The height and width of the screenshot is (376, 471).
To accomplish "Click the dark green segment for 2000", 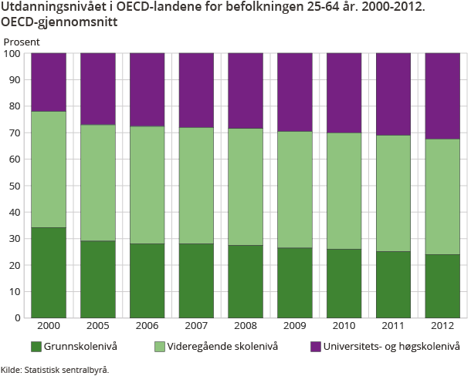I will tap(48, 272).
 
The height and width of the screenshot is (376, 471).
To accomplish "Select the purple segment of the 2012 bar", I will tap(442, 96).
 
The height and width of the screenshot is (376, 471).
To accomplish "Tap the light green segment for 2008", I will tap(246, 186).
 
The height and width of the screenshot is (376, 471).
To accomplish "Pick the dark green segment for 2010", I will tap(344, 283).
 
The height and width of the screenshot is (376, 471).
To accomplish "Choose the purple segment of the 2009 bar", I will tap(295, 92).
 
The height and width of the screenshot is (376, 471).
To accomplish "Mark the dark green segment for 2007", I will tap(196, 280).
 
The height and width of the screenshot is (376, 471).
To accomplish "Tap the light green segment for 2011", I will tap(393, 193).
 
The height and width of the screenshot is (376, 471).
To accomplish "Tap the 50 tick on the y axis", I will tap(14, 186).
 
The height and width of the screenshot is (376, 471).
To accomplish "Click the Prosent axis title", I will tap(22, 41).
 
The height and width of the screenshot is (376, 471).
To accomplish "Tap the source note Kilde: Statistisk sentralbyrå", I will tap(55, 369).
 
